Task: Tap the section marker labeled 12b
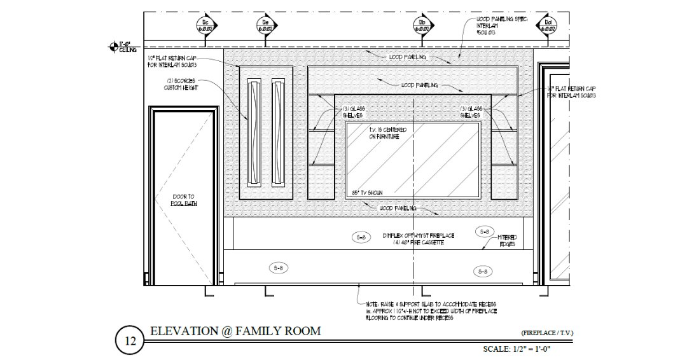click(x=422, y=26)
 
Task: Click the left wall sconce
click(x=254, y=134)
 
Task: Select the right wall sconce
click(x=278, y=134)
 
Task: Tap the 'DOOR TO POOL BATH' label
click(x=183, y=200)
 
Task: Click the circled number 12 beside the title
click(x=130, y=342)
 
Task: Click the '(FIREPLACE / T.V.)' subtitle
click(x=547, y=333)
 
